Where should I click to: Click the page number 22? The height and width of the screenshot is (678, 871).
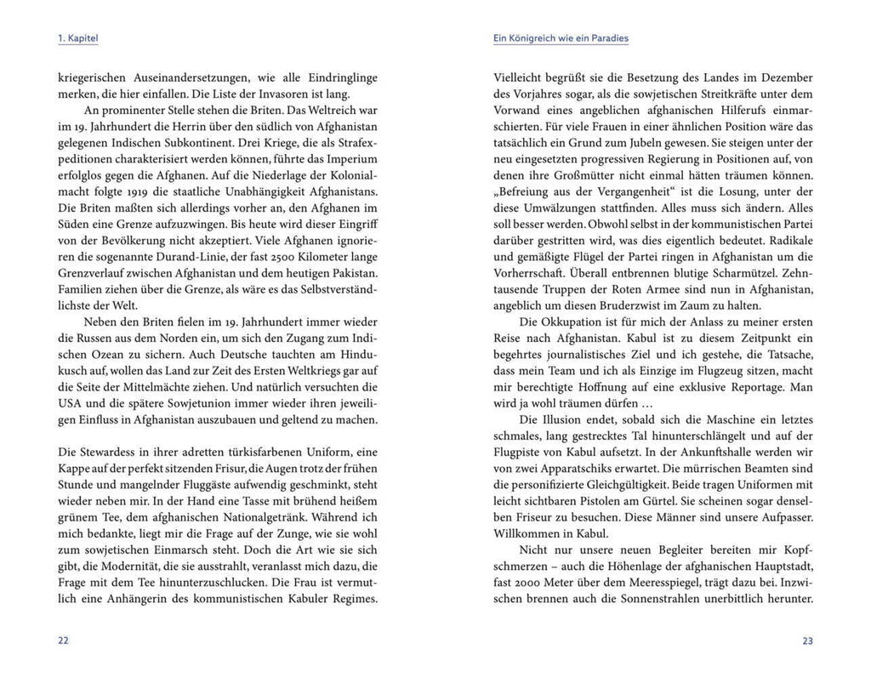(x=63, y=641)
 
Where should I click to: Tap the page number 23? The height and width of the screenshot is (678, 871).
(x=807, y=641)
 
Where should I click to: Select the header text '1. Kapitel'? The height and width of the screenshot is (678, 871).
(x=78, y=39)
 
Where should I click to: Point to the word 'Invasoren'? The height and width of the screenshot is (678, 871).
(x=266, y=94)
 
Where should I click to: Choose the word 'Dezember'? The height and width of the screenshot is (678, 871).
(x=786, y=77)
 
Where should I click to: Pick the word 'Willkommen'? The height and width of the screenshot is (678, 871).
(x=527, y=533)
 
